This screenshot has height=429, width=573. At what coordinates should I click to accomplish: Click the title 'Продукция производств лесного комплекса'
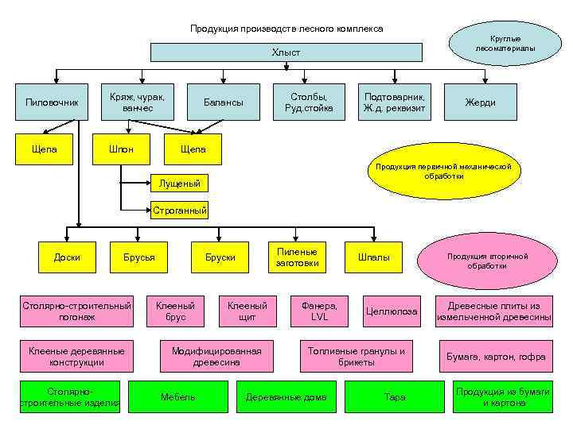[x=286, y=29]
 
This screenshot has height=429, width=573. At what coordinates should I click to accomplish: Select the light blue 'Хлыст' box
[x=286, y=52]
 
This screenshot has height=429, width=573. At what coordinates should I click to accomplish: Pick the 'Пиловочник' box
[x=53, y=102]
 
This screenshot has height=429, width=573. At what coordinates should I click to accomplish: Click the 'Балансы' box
[x=224, y=102]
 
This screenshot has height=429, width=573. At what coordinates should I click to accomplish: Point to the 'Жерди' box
[x=481, y=102]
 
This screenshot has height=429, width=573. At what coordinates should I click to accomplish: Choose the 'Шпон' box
[x=121, y=149]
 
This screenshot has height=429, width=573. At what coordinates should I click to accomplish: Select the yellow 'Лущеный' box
[x=179, y=184]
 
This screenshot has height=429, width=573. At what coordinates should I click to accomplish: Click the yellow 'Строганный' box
[x=179, y=211]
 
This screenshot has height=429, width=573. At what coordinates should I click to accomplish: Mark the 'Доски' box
[x=67, y=257]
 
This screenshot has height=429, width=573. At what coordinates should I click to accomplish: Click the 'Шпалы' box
[x=373, y=257]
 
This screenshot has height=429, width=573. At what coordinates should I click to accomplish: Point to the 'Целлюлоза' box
[x=391, y=311]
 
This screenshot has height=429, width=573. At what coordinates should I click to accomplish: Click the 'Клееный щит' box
[x=248, y=311]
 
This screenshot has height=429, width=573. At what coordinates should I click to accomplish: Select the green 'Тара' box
[x=395, y=397]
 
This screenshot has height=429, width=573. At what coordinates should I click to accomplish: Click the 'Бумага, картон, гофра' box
[x=495, y=357]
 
